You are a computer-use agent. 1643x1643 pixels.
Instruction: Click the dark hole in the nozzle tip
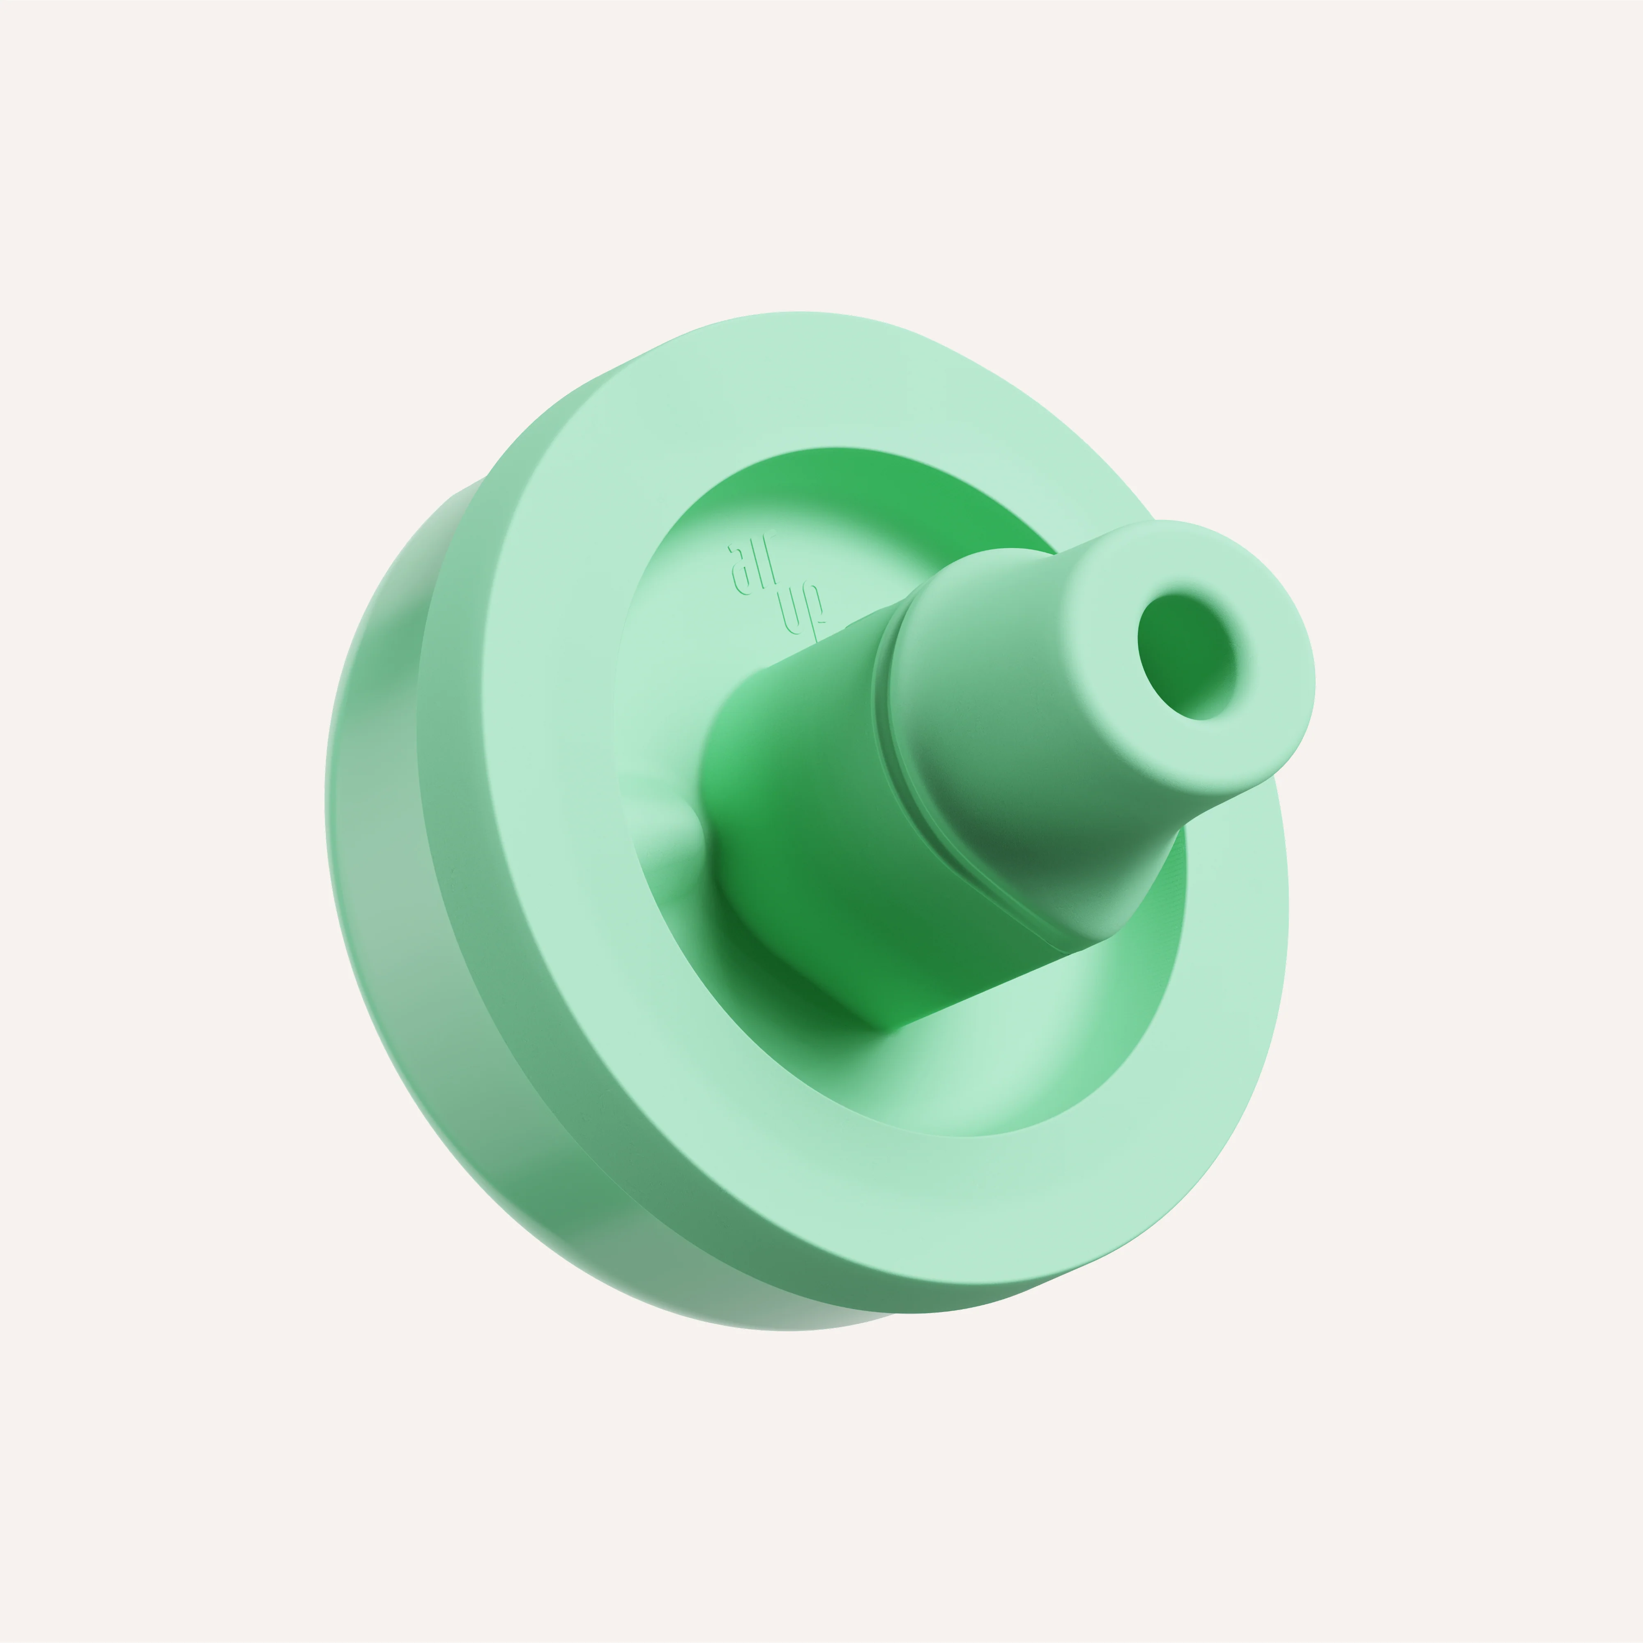point(1187,656)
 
